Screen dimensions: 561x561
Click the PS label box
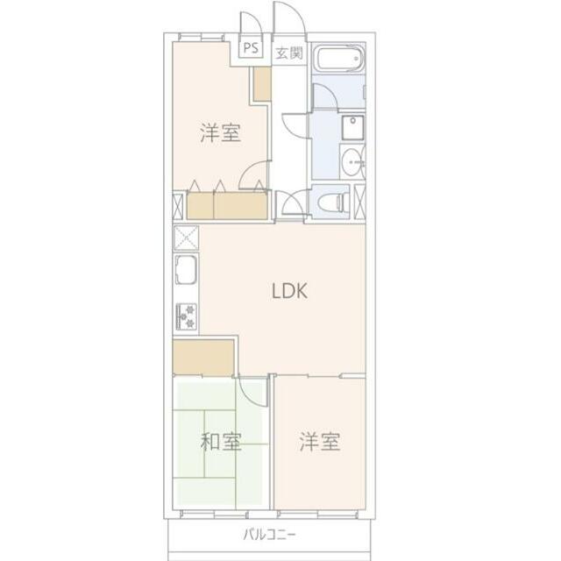[x=251, y=49]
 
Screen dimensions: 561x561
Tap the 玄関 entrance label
[x=289, y=52]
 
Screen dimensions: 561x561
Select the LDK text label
[x=288, y=292]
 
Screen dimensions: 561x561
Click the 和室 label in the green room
[x=221, y=442]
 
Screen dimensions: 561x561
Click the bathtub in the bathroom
[x=337, y=61]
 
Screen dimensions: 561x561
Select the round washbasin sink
[x=352, y=161]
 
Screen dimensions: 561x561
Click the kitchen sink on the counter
[x=187, y=272]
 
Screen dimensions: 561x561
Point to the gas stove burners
[x=187, y=314]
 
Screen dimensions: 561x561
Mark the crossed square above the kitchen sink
[x=186, y=238]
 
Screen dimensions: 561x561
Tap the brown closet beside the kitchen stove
[x=203, y=357]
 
